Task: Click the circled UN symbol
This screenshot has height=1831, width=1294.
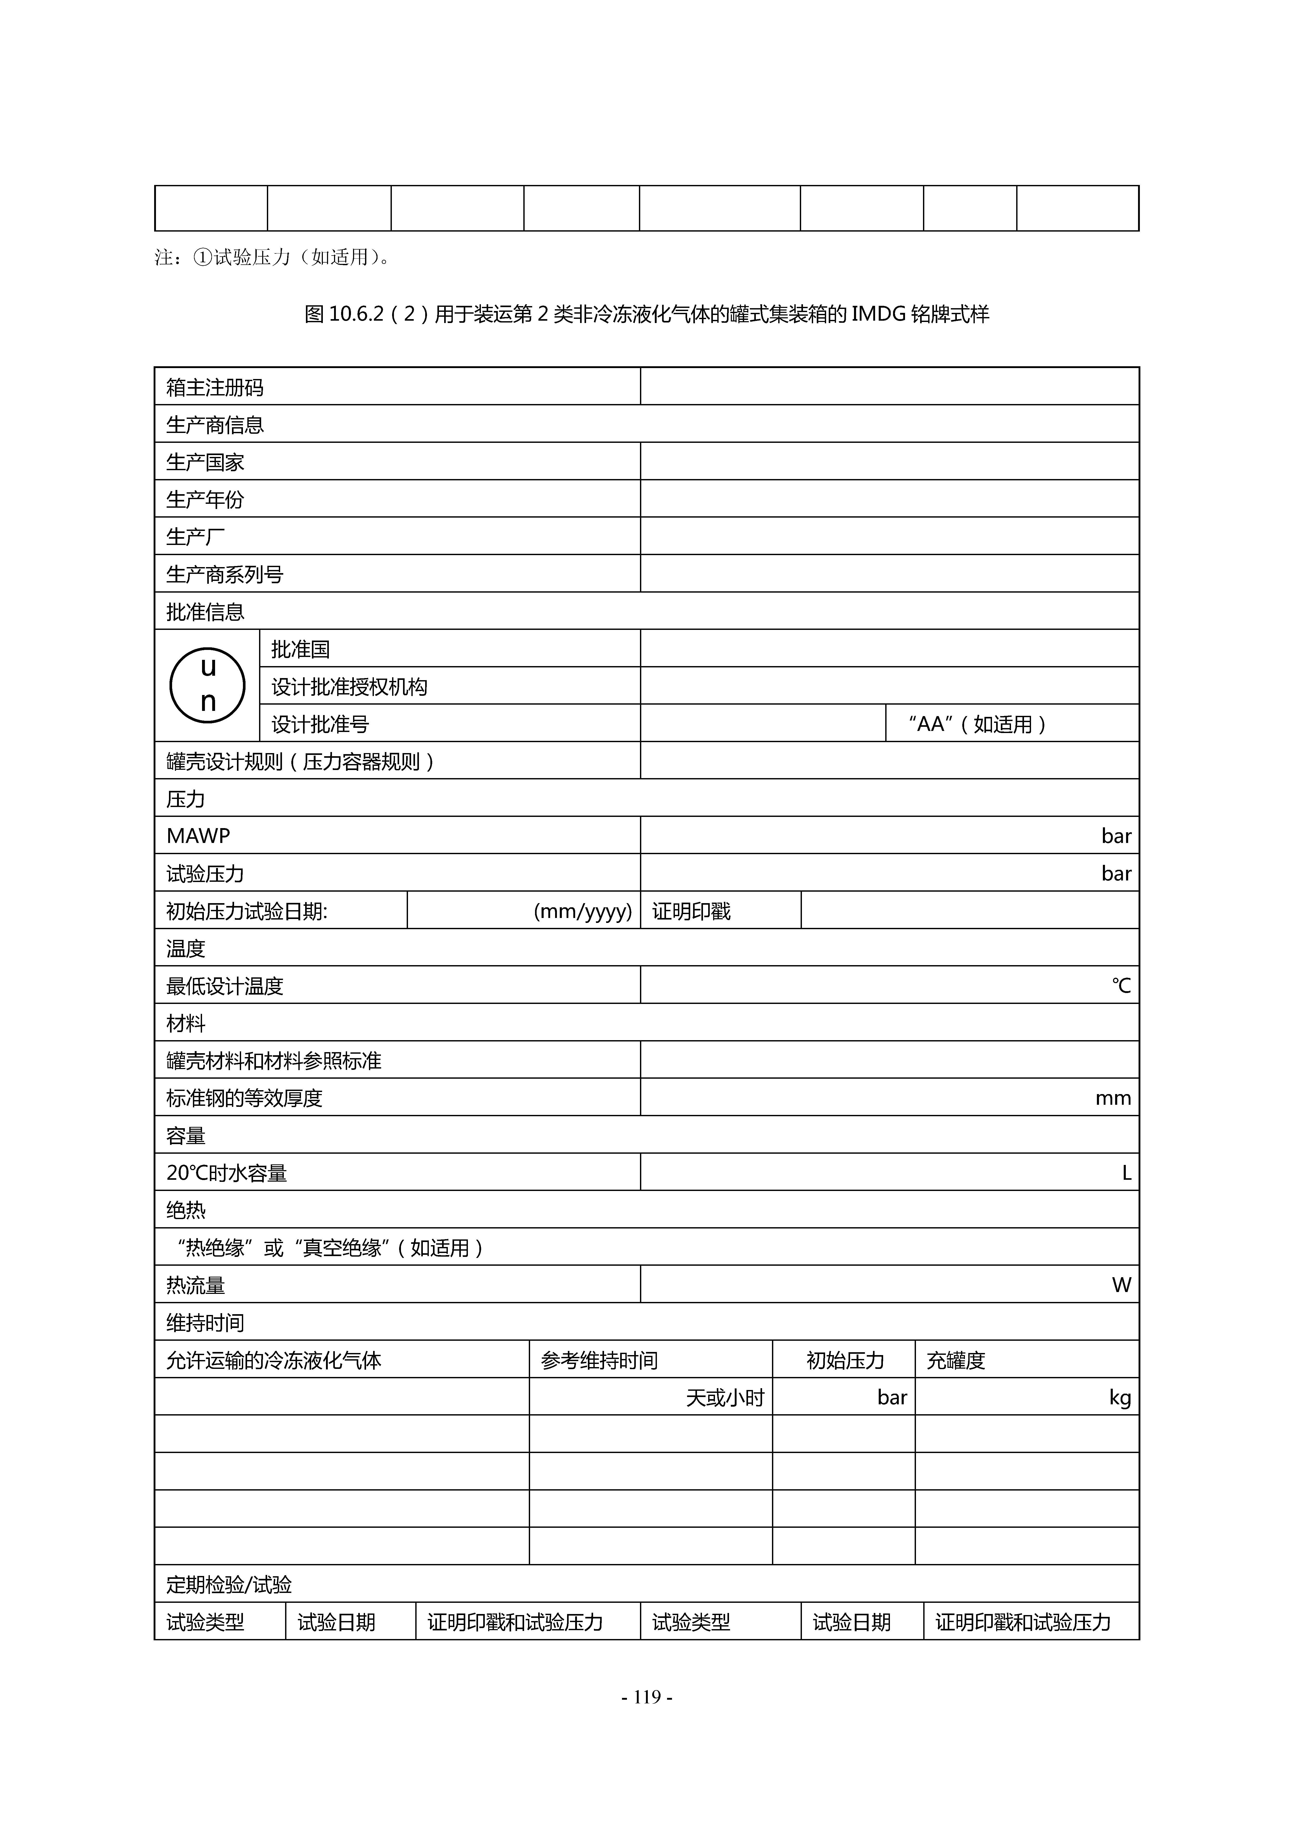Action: coord(207,685)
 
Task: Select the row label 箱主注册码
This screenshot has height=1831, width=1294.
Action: coord(215,388)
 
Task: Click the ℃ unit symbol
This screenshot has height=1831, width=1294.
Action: coord(1121,986)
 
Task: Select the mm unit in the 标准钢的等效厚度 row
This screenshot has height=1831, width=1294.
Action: coord(1113,1098)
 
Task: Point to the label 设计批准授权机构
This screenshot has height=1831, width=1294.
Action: coord(349,687)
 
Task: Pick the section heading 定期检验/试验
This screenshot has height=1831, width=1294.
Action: coord(229,1585)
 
